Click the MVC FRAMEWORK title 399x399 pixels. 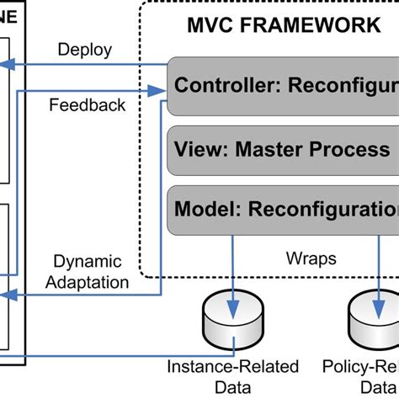tap(283, 24)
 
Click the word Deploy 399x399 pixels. tap(84, 50)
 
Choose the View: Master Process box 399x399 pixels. tap(283, 150)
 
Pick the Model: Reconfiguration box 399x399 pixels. tap(283, 209)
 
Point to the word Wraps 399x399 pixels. tap(311, 258)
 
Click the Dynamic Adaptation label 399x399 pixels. tap(88, 273)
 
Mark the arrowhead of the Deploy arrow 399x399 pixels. tap(4, 64)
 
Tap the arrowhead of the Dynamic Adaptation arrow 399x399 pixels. tap(4, 295)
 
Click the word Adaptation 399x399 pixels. tap(88, 283)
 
